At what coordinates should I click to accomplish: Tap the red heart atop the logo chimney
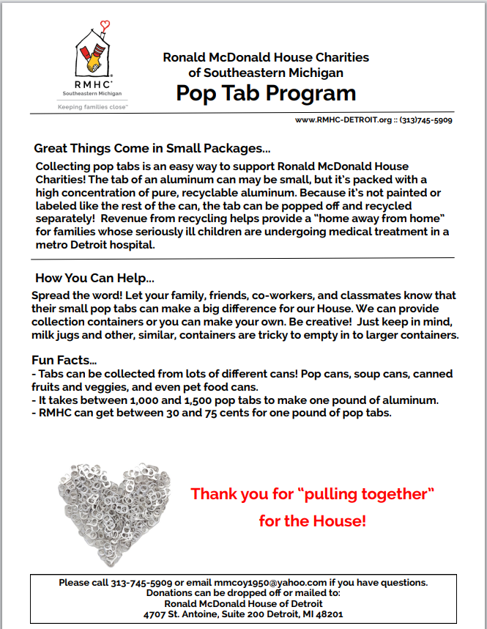pyautogui.click(x=106, y=26)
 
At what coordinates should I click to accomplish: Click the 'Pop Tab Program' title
pyautogui.click(x=266, y=93)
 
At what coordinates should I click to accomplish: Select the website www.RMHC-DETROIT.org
pyautogui.click(x=343, y=119)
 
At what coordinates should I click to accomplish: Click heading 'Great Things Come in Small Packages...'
pyautogui.click(x=152, y=148)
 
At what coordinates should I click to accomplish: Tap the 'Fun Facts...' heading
pyautogui.click(x=64, y=361)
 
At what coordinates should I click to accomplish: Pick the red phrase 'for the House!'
pyautogui.click(x=312, y=521)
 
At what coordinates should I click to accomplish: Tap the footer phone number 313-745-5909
pyautogui.click(x=141, y=583)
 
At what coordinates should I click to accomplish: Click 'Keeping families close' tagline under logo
pyautogui.click(x=92, y=106)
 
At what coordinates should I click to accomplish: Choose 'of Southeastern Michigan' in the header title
pyautogui.click(x=266, y=73)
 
